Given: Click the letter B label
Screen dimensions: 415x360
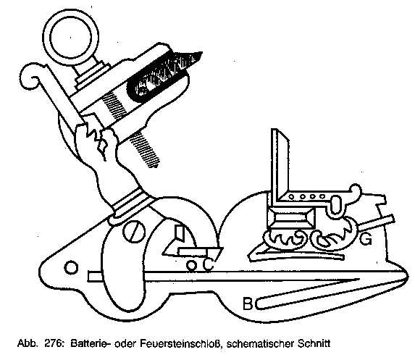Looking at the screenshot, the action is pyautogui.click(x=248, y=304).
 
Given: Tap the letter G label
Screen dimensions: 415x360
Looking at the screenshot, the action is pyautogui.click(x=366, y=239).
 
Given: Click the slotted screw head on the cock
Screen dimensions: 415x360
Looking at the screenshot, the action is pyautogui.click(x=134, y=232).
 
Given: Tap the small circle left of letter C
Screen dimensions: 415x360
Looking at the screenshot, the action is pyautogui.click(x=191, y=264).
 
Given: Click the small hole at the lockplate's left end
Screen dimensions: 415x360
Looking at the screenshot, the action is pyautogui.click(x=71, y=267).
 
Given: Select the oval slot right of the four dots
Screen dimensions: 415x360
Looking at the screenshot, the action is pyautogui.click(x=335, y=204).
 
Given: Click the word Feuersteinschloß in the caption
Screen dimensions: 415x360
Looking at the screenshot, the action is pyautogui.click(x=180, y=344).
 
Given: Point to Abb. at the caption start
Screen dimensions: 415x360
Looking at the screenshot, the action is pyautogui.click(x=26, y=344).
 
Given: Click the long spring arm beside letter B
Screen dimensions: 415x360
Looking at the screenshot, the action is pyautogui.click(x=330, y=294).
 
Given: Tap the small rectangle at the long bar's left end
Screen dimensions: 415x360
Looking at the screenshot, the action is pyautogui.click(x=95, y=277).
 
